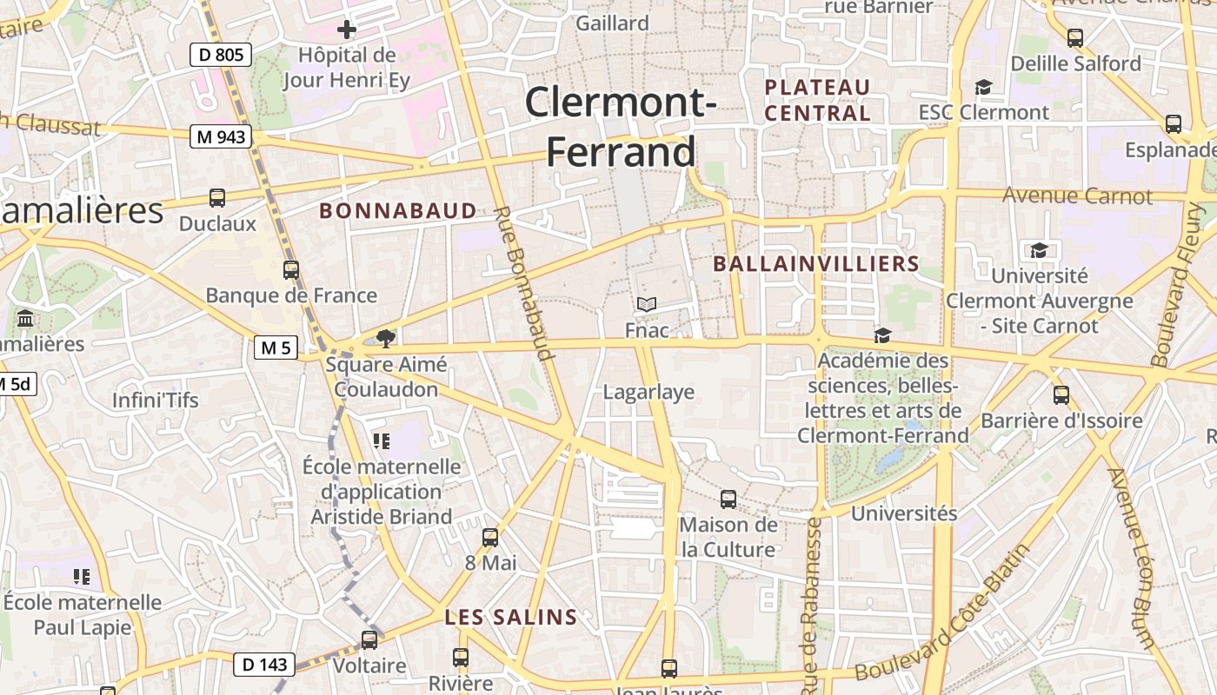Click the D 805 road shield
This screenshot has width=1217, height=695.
pyautogui.click(x=221, y=56)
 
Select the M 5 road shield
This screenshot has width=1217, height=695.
pyautogui.click(x=276, y=348)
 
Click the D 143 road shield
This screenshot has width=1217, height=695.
pyautogui.click(x=264, y=665)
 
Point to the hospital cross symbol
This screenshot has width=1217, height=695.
pyautogui.click(x=347, y=30)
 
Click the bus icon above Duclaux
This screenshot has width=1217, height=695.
pyautogui.click(x=217, y=198)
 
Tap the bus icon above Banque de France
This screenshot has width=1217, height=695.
pyautogui.click(x=291, y=270)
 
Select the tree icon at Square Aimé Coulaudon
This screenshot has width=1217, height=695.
pyautogui.click(x=385, y=339)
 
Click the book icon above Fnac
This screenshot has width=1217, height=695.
pyautogui.click(x=646, y=304)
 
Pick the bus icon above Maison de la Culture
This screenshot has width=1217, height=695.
pyautogui.click(x=728, y=500)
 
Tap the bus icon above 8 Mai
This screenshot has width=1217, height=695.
pyautogui.click(x=490, y=538)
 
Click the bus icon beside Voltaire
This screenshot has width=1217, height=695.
pyautogui.click(x=369, y=640)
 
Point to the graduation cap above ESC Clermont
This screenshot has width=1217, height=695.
pyautogui.click(x=983, y=87)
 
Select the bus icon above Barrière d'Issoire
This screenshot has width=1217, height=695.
pyautogui.click(x=1061, y=395)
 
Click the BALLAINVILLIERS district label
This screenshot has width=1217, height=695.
pyautogui.click(x=815, y=264)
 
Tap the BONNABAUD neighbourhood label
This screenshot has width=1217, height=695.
pyautogui.click(x=398, y=210)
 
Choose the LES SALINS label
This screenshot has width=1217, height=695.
pyautogui.click(x=510, y=618)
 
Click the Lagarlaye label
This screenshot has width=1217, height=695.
pyautogui.click(x=648, y=392)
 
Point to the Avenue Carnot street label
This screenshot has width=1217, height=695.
pyautogui.click(x=1077, y=195)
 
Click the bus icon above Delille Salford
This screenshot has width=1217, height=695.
pyautogui.click(x=1075, y=38)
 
